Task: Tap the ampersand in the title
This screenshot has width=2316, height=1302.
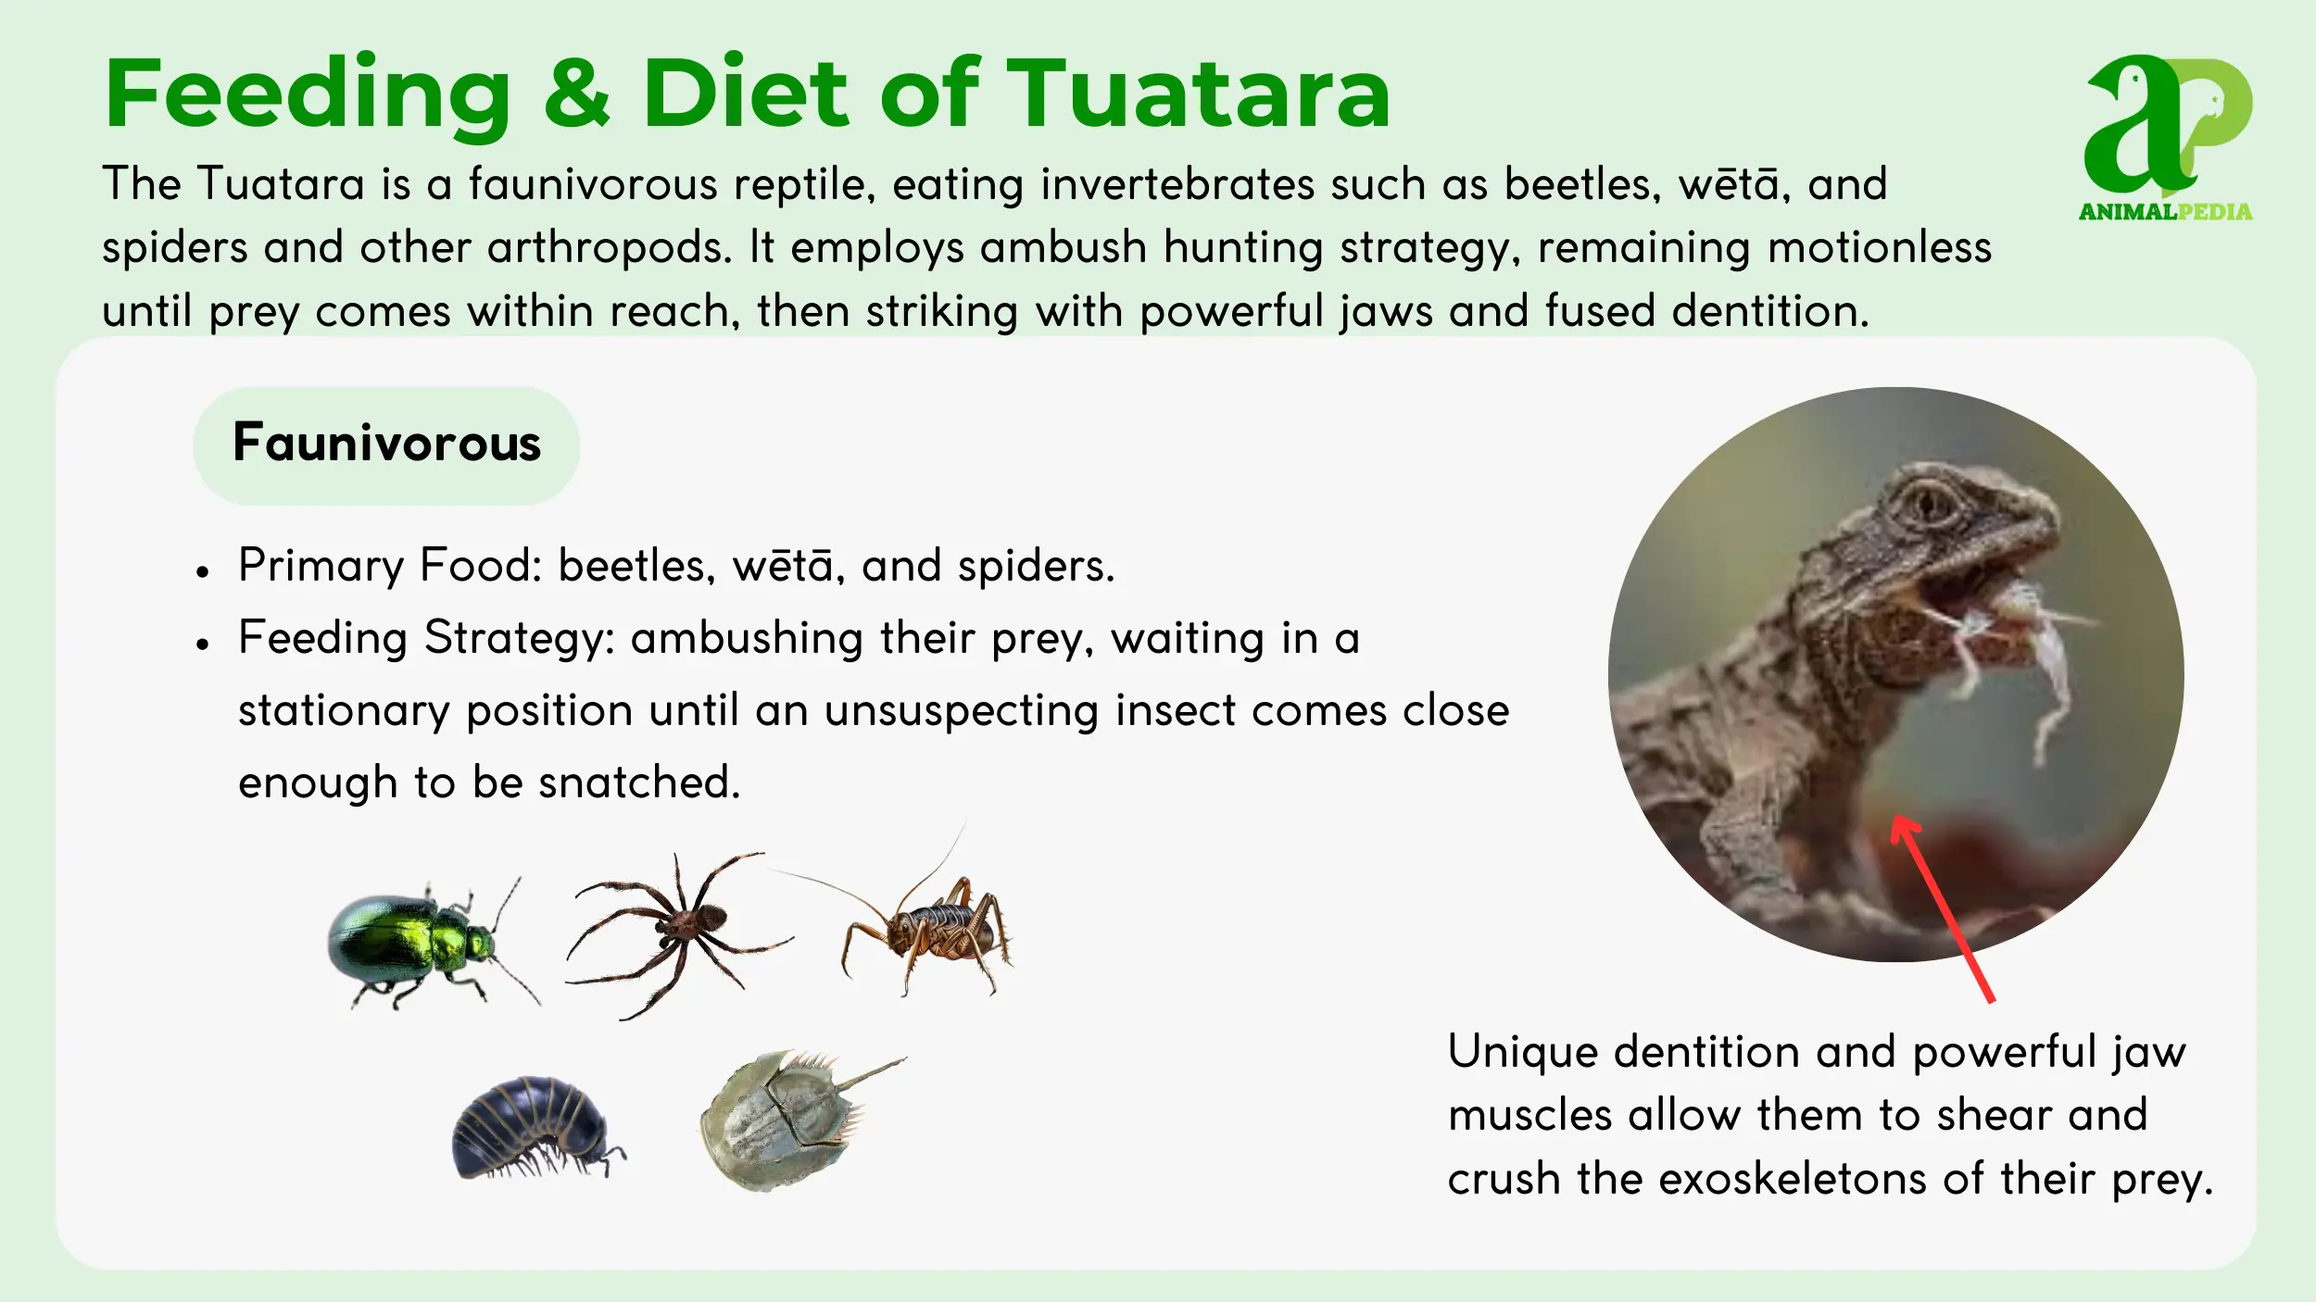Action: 576,93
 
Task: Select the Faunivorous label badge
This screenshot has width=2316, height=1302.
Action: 386,445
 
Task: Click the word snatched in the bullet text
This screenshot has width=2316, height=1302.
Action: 639,782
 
